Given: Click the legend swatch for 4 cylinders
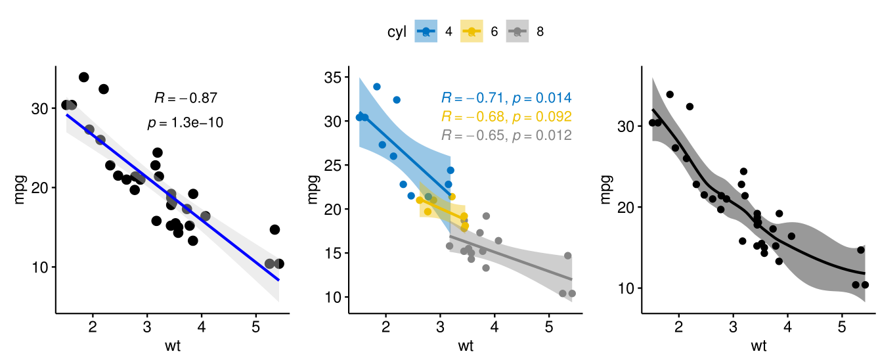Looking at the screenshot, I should pos(426,31).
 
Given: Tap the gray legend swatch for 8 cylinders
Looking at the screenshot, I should pos(517,31).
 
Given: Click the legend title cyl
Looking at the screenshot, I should pos(397,31).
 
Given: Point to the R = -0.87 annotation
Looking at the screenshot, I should pos(186,99).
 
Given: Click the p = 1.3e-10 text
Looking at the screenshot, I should pos(186,122).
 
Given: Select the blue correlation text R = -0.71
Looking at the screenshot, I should pos(471,99).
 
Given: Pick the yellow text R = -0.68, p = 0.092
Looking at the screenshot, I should pos(506,117).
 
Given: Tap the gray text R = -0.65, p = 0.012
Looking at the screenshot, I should pos(506,136).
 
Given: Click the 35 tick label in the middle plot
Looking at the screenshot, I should pos(336,78).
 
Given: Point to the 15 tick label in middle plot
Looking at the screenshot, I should pos(336,253).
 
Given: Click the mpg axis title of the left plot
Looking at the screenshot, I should pos(19,189).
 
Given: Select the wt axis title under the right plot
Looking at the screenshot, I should pos(758,346).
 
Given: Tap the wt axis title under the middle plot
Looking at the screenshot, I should pos(466,346).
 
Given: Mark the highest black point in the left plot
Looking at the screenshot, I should pos(83,78).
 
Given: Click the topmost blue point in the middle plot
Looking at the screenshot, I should pos(377,87).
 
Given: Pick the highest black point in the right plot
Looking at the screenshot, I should pos(670,95).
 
